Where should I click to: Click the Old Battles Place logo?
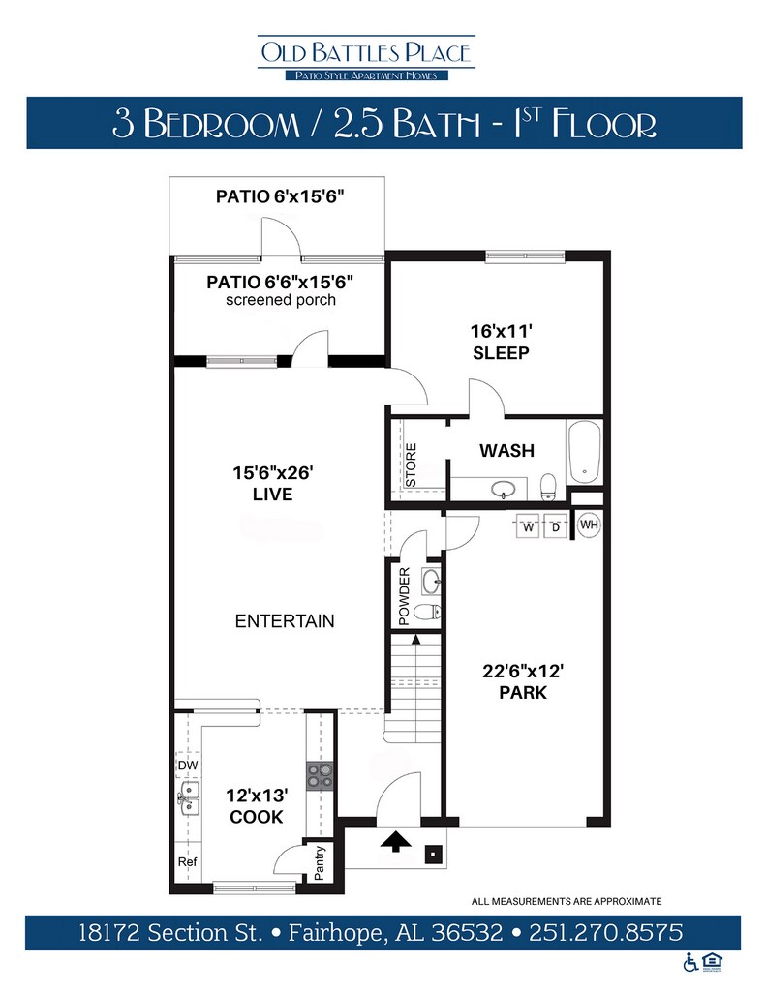click(366, 58)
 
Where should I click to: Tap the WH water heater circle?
click(589, 525)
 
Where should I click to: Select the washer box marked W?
click(529, 526)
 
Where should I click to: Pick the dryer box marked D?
click(555, 526)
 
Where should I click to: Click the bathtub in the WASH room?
click(585, 453)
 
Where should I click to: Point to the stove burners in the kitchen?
click(321, 776)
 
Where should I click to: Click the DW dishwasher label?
click(188, 766)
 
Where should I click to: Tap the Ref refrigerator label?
click(187, 861)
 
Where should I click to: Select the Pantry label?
click(319, 863)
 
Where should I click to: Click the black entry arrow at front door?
click(396, 841)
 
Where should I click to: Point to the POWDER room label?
click(404, 596)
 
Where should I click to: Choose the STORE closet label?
click(411, 465)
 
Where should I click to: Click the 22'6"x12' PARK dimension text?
click(523, 681)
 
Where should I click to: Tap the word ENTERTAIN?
click(285, 621)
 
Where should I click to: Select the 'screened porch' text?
click(281, 300)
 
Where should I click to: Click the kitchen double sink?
click(189, 797)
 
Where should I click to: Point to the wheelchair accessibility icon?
click(690, 962)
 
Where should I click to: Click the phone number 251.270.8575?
click(606, 932)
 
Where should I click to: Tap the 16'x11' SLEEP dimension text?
click(501, 342)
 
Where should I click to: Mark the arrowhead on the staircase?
click(415, 640)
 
